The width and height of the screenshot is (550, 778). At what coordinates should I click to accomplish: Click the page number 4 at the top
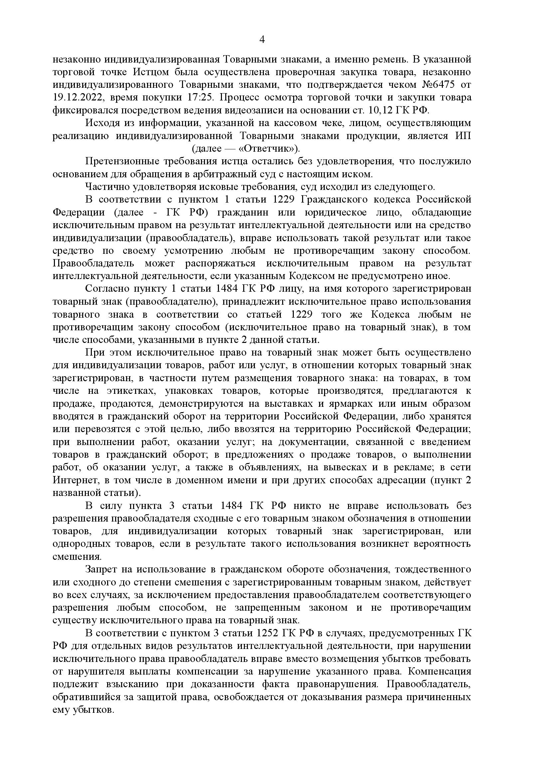(262, 40)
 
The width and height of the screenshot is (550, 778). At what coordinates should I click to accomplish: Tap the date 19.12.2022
(77, 97)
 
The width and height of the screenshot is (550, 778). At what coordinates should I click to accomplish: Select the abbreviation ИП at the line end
(463, 136)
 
